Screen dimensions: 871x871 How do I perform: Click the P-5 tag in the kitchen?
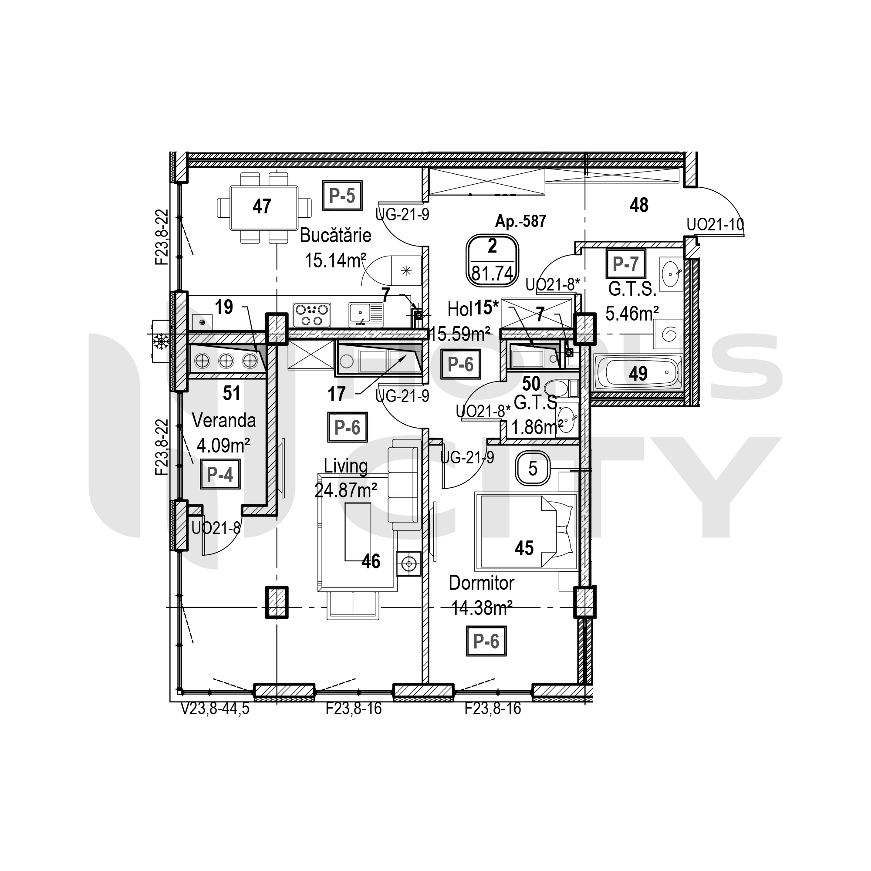pos(342,196)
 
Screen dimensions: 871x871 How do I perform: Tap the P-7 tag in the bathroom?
pos(625,264)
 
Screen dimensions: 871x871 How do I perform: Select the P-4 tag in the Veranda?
pos(220,474)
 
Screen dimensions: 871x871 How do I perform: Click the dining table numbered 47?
pos(264,208)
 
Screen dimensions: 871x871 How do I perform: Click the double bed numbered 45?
pos(526,532)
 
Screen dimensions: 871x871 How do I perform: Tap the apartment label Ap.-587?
pos(521,221)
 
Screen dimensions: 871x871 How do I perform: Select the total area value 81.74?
pos(492,273)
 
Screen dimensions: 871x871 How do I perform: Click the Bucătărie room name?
pos(335,235)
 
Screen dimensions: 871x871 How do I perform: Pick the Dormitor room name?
pos(482,583)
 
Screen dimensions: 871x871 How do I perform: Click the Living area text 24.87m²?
pos(346,490)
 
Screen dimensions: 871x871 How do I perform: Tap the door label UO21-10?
pos(715,225)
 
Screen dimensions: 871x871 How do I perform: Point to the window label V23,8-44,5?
pos(215,709)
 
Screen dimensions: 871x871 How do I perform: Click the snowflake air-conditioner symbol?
pos(161,341)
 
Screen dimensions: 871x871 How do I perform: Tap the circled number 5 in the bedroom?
pos(533,469)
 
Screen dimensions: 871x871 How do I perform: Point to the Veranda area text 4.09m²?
pos(223,446)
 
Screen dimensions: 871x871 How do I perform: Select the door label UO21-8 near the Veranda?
pos(216,527)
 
